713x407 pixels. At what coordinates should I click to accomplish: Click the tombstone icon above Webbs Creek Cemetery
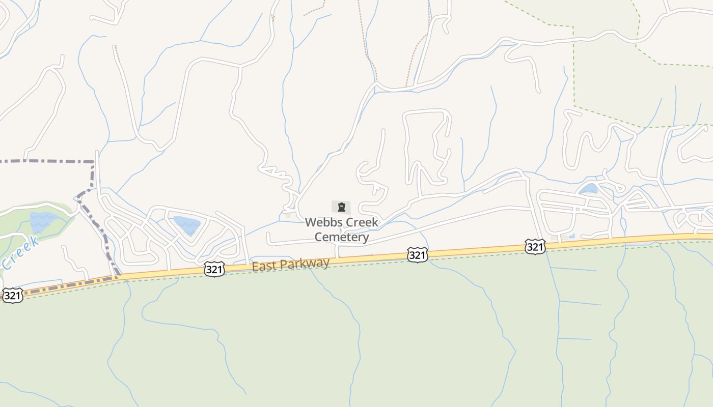(x=341, y=207)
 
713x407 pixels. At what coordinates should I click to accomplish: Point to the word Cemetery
(x=341, y=237)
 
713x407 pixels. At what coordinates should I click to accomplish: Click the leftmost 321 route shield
(x=12, y=296)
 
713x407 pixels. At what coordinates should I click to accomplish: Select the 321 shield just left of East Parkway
(x=214, y=269)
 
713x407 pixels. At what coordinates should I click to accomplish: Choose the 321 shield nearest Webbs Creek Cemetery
(x=417, y=255)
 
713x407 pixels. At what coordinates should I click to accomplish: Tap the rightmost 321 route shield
(x=535, y=247)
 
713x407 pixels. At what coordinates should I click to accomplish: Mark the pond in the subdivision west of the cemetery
(x=187, y=225)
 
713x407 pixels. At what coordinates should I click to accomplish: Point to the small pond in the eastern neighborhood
(x=589, y=189)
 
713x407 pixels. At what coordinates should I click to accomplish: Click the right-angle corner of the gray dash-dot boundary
(x=94, y=162)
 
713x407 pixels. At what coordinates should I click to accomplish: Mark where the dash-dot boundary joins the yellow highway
(x=118, y=277)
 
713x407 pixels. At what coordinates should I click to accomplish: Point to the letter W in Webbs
(x=310, y=222)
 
